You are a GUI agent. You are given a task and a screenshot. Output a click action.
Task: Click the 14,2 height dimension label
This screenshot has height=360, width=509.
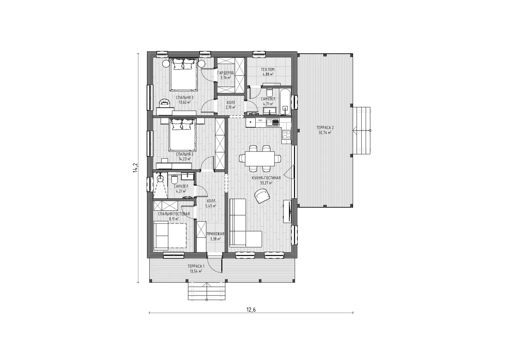(135, 167)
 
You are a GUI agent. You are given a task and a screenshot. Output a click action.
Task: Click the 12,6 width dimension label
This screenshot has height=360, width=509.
(251, 310)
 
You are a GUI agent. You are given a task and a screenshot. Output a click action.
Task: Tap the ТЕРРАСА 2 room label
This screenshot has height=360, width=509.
(325, 128)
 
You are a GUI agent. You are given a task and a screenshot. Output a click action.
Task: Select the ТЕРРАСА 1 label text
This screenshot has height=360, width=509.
(196, 266)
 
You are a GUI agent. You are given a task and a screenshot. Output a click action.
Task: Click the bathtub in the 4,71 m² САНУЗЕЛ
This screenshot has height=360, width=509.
(285, 102)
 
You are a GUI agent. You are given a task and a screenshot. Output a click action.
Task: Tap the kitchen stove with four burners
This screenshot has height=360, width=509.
(286, 135)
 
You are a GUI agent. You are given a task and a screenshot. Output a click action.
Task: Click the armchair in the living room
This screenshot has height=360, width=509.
(262, 196)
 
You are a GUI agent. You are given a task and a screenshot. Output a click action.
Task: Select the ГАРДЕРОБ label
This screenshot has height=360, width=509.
(225, 73)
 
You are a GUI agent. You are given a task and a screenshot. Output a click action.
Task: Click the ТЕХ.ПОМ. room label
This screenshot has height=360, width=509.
(268, 69)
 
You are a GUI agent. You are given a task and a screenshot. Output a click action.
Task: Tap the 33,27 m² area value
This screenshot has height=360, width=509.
(266, 183)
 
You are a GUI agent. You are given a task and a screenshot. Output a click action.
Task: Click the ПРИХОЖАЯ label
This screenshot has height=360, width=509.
(215, 234)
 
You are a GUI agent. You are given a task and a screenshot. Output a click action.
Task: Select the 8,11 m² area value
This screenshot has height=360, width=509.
(174, 219)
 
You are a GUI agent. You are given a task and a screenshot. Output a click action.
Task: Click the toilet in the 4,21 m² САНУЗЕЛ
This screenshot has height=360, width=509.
(174, 179)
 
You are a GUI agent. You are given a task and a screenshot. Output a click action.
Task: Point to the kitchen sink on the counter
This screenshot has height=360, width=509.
(273, 123)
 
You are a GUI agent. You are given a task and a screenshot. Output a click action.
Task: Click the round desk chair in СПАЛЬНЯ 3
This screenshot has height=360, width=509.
(164, 103)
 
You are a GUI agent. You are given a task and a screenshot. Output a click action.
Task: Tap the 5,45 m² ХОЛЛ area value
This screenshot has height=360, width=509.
(211, 206)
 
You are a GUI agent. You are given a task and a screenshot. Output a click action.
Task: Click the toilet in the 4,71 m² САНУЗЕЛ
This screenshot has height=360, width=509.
(270, 92)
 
